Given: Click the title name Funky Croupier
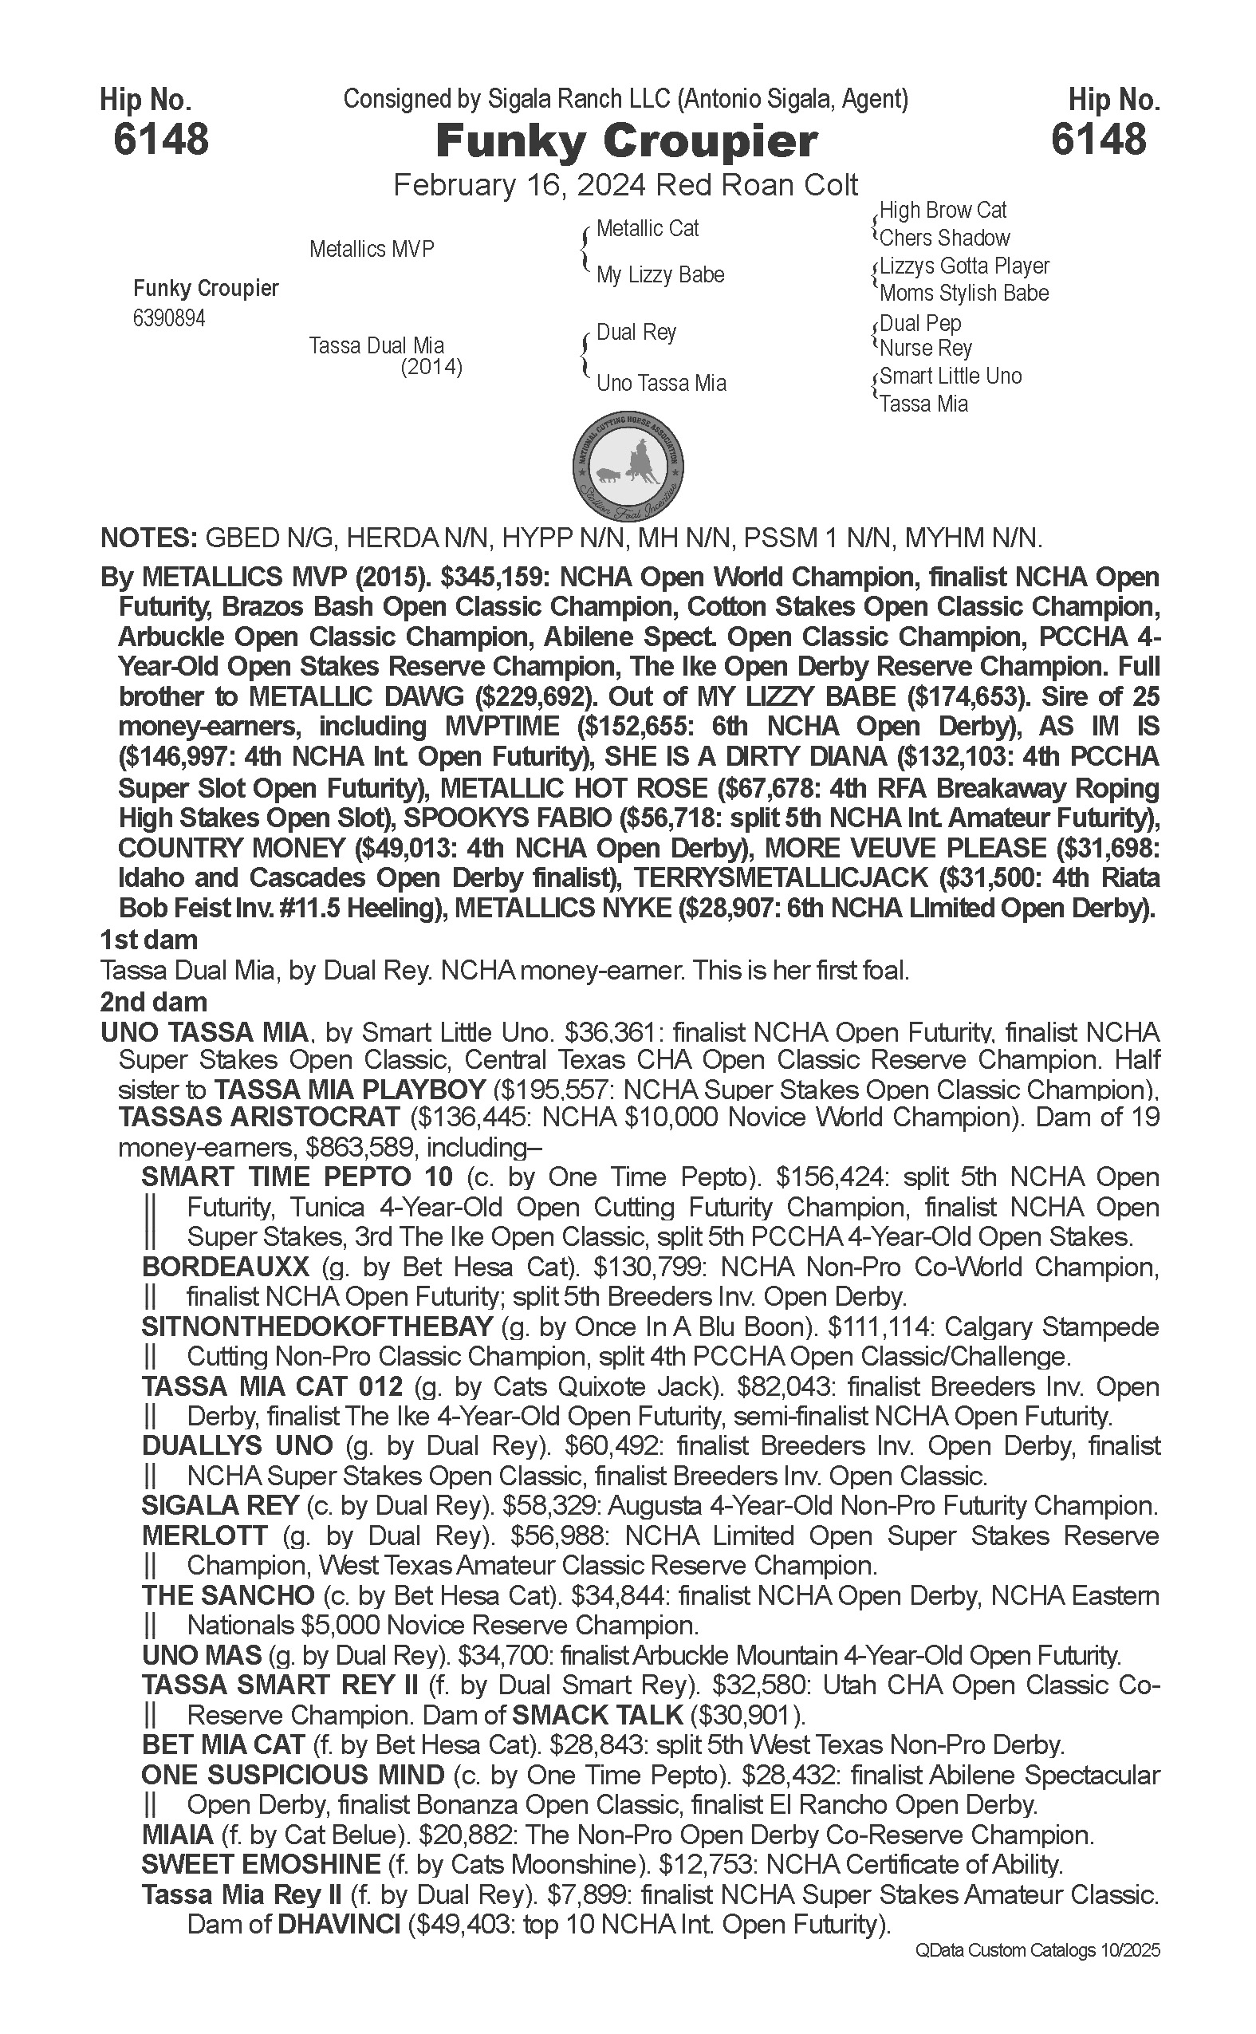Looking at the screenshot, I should [x=626, y=141].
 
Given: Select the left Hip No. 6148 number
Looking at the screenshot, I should [x=161, y=139].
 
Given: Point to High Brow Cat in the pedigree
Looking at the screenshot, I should [x=943, y=211].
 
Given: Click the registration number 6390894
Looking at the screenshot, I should [x=168, y=318].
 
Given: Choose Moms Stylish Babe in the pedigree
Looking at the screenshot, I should [x=963, y=294].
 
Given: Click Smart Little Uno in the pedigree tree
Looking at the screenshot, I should [x=951, y=376].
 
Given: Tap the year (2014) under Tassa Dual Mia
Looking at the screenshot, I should [x=431, y=366].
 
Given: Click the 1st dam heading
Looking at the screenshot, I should [x=148, y=940].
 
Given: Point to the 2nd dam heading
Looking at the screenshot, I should [x=154, y=1001].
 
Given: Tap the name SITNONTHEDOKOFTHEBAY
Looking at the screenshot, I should [x=317, y=1327].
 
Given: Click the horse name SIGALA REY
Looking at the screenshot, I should [x=220, y=1506].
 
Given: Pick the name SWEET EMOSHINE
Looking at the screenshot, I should [x=261, y=1865].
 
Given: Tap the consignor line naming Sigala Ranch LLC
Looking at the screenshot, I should [x=625, y=100].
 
